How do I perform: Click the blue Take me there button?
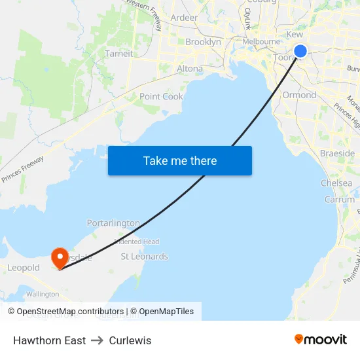pyautogui.click(x=180, y=160)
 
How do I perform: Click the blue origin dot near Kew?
pyautogui.click(x=300, y=51)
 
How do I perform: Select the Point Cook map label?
pyautogui.click(x=161, y=96)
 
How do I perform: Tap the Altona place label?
pyautogui.click(x=190, y=68)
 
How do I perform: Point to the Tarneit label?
pyautogui.click(x=119, y=54)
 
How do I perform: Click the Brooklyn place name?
pyautogui.click(x=203, y=42)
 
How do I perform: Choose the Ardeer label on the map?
pyautogui.click(x=184, y=18)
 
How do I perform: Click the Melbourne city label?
pyautogui.click(x=261, y=41)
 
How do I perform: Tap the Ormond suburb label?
pyautogui.click(x=299, y=95)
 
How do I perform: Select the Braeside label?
pyautogui.click(x=338, y=153)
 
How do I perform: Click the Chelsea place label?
pyautogui.click(x=336, y=183)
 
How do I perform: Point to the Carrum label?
pyautogui.click(x=339, y=200)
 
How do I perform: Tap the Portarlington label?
pyautogui.click(x=113, y=223)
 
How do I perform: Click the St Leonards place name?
pyautogui.click(x=145, y=257)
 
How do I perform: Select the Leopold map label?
pyautogui.click(x=24, y=268)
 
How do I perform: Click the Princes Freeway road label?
pyautogui.click(x=23, y=168)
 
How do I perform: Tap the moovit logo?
pyautogui.click(x=321, y=339)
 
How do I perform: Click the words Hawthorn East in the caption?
pyautogui.click(x=49, y=340)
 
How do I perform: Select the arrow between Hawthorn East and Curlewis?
pyautogui.click(x=98, y=340)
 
